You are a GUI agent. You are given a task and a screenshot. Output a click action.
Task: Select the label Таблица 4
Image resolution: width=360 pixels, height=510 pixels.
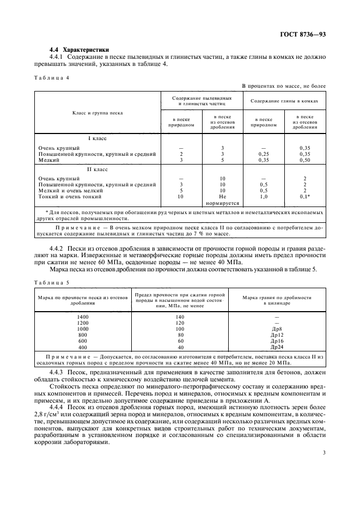(x=52, y=78)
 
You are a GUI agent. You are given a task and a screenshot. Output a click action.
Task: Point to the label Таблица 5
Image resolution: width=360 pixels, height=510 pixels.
(x=52, y=283)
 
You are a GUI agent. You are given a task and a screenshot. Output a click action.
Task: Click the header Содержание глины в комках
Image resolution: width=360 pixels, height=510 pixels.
(x=284, y=100)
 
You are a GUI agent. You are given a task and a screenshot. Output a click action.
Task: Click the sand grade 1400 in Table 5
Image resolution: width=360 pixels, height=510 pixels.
(x=82, y=317)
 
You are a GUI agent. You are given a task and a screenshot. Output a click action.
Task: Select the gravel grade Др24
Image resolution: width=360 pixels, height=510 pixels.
(x=276, y=347)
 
